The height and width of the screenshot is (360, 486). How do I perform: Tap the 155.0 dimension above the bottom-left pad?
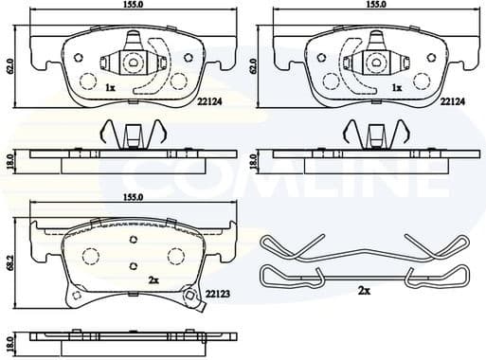pyautogui.click(x=133, y=197)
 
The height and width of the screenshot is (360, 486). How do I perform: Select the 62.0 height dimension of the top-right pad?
pyautogui.click(x=255, y=66)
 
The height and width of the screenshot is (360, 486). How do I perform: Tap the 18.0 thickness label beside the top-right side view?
pyautogui.click(x=255, y=160)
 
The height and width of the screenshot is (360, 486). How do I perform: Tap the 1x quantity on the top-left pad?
pyautogui.click(x=110, y=87)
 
